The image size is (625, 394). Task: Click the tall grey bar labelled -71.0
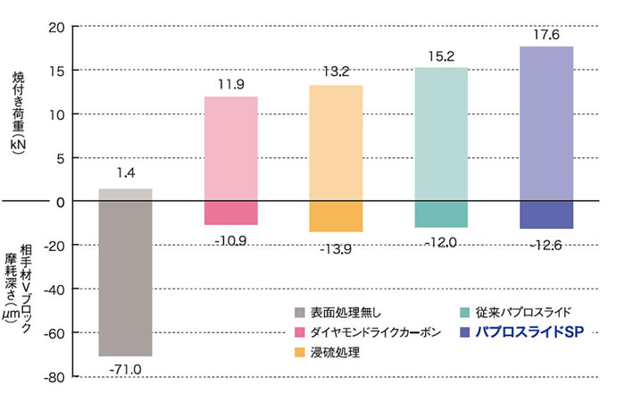click(125, 279)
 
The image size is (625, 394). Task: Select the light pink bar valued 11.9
click(230, 148)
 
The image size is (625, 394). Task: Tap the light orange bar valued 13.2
click(336, 143)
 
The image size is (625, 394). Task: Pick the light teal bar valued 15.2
click(441, 134)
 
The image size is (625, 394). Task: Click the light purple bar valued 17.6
click(546, 123)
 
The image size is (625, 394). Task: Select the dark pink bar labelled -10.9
click(230, 213)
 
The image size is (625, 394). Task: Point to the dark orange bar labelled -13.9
click(336, 216)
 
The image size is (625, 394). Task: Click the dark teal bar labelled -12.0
click(441, 214)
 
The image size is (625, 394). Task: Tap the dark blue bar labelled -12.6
click(546, 215)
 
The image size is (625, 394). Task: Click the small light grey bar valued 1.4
click(125, 195)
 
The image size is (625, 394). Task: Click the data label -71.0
click(125, 367)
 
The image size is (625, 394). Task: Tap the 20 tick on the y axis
click(54, 27)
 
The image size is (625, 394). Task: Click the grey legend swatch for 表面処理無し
click(300, 312)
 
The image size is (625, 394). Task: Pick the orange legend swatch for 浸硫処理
click(300, 353)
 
